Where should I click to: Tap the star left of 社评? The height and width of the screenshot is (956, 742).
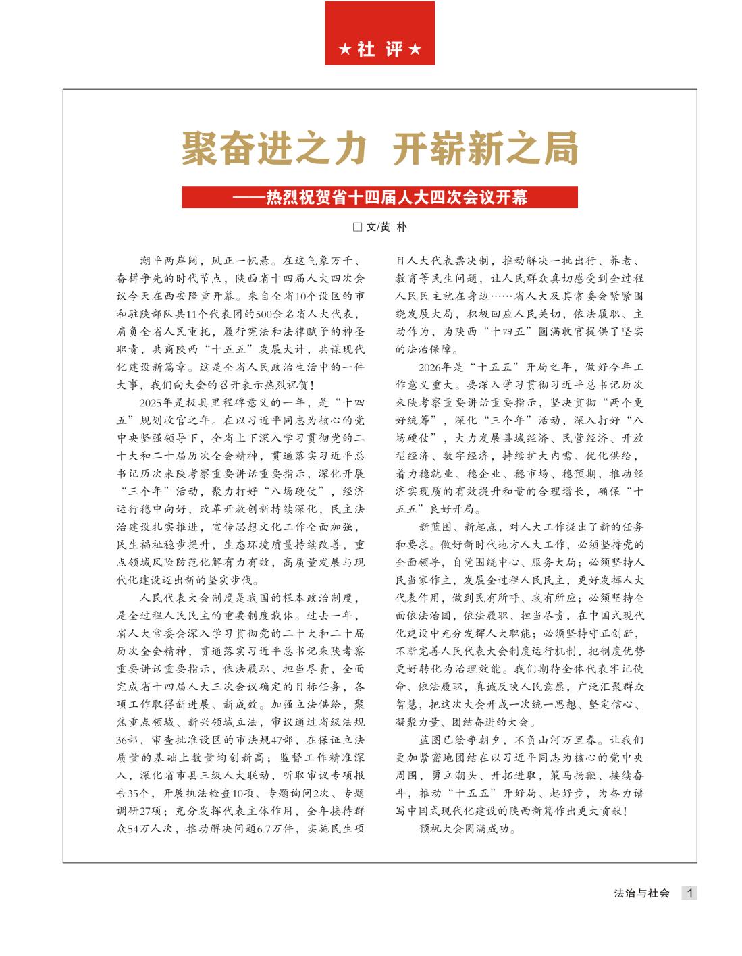click(x=344, y=50)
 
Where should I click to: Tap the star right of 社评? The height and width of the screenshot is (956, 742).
click(x=415, y=50)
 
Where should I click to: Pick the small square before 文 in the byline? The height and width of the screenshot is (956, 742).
click(x=358, y=228)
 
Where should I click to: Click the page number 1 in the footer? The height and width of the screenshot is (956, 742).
click(x=689, y=893)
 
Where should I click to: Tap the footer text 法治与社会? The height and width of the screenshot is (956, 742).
click(x=641, y=893)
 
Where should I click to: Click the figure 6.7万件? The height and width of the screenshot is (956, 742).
click(x=270, y=828)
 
